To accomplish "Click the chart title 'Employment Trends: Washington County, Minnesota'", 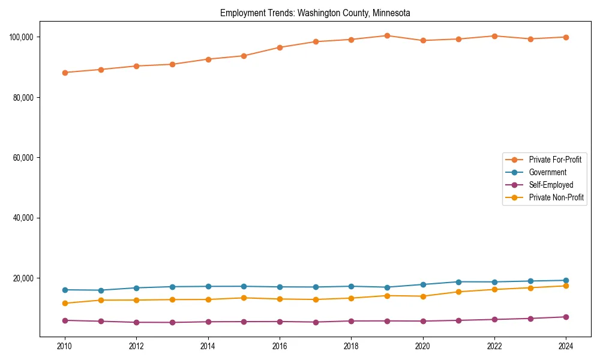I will point(315,13).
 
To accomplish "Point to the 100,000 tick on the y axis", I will point(21,37).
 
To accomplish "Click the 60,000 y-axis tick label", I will point(23,158).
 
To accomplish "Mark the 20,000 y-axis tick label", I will point(23,278).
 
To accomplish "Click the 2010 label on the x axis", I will point(65,346).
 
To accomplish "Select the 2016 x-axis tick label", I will point(280,346).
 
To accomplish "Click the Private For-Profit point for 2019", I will point(387,36).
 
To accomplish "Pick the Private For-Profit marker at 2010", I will point(65,73).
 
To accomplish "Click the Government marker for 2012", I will point(136,288).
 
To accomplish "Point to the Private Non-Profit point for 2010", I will point(65,303).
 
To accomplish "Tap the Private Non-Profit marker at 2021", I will point(458,292).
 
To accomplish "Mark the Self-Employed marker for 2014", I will point(208,322).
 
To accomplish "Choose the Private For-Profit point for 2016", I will point(280,47).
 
